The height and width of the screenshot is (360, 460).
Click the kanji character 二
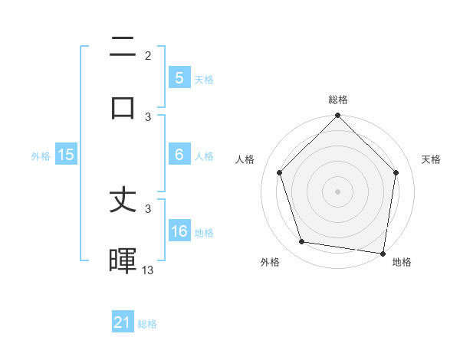point(123,48)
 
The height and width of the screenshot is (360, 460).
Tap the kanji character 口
point(123,107)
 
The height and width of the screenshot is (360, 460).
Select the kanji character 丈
point(123,202)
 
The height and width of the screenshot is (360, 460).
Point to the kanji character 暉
point(123,260)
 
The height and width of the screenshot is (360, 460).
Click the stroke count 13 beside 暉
point(148,270)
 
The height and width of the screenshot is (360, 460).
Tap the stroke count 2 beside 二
point(148,56)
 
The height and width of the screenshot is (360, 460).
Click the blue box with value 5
point(179,77)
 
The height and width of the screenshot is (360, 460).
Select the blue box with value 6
point(179,155)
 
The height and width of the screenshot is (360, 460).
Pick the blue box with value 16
point(179,231)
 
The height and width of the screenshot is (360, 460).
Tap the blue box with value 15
point(66,155)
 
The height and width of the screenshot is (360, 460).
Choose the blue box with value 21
point(123,322)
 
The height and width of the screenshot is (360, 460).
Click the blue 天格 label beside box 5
point(203,79)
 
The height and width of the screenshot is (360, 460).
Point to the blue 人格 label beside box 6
point(203,156)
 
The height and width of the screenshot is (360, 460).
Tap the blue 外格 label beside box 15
point(41,156)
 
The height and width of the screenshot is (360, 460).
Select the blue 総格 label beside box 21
point(147,324)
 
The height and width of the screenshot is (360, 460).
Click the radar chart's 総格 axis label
point(338,100)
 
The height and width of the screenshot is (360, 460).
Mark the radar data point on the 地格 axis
point(383,253)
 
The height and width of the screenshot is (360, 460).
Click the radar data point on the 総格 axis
point(338,116)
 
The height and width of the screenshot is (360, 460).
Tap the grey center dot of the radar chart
point(338,191)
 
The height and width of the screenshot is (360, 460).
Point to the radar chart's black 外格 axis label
point(270,262)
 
